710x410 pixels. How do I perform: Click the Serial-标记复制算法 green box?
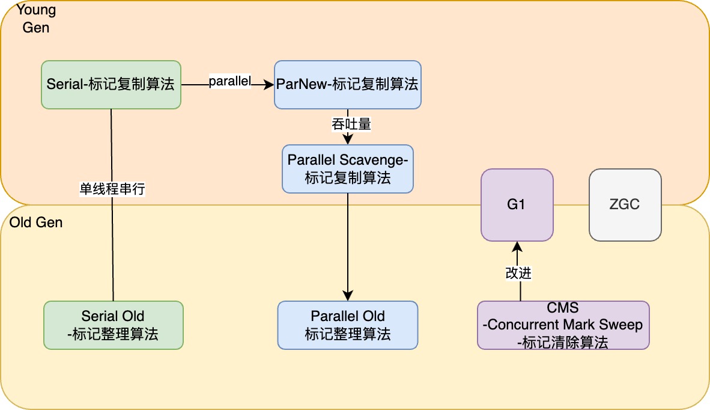point(111,85)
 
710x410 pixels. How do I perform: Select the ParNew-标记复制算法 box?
point(348,85)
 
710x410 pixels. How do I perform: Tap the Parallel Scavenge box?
point(348,169)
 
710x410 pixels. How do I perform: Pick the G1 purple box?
point(517,205)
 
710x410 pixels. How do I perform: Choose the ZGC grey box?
point(625,205)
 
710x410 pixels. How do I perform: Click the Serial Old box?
point(114,325)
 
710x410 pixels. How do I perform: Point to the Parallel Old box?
point(348,325)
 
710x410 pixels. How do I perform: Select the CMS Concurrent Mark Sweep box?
point(563,325)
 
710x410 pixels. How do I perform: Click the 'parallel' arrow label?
point(230,81)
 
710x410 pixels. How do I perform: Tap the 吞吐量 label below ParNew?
point(351,124)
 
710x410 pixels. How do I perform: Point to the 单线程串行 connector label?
point(112,188)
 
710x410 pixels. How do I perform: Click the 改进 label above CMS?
point(518,273)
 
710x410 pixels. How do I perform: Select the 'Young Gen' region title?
point(36,18)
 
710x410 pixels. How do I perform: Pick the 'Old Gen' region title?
point(36,222)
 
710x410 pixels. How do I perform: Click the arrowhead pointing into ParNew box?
point(269,85)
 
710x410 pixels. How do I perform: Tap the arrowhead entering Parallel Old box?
point(348,296)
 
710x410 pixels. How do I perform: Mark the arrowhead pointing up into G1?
point(517,247)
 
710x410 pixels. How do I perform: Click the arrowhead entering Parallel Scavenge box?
point(348,139)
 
